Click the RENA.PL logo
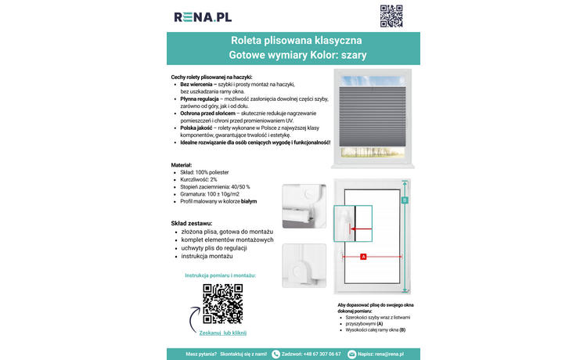[203, 16]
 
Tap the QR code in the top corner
[391, 16]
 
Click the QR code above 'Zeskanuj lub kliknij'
[223, 304]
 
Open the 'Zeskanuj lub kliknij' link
[223, 333]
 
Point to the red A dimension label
[363, 257]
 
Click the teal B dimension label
[405, 200]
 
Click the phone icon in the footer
[275, 354]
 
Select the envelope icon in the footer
[352, 354]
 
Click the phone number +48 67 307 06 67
[311, 354]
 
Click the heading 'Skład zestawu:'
[192, 223]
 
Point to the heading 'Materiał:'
[183, 165]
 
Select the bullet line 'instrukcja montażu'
[207, 257]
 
